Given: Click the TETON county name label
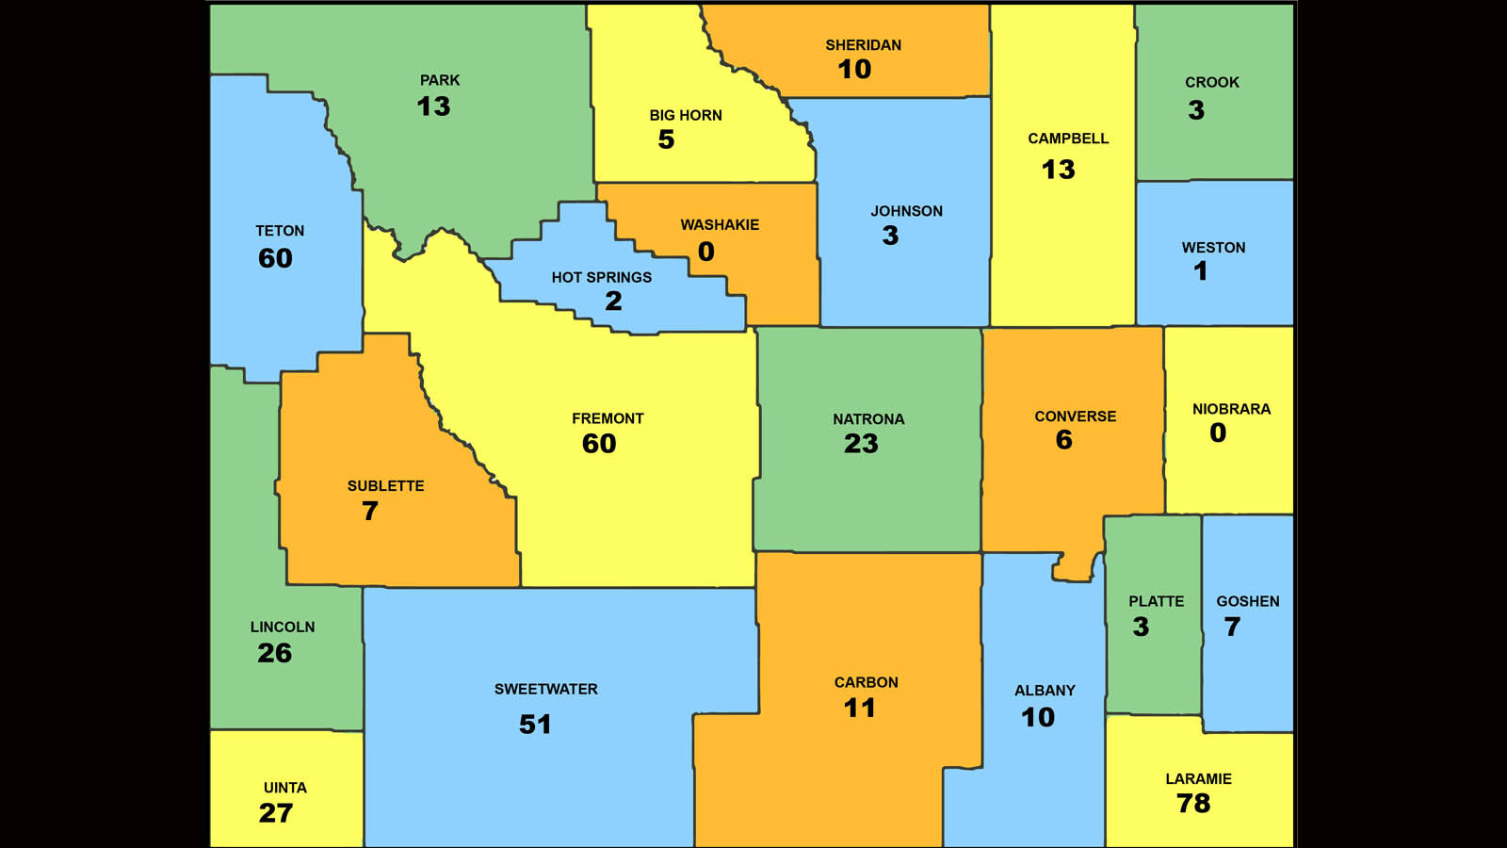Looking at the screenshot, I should tap(280, 231).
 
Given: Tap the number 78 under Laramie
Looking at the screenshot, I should tap(1193, 804).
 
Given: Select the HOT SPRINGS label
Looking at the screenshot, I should tap(601, 277).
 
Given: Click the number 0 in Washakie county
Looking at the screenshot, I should tap(706, 252).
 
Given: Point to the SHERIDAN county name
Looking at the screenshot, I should tap(863, 45).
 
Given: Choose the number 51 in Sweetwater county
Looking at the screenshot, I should tap(535, 725).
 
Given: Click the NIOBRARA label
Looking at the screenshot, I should tap(1231, 409).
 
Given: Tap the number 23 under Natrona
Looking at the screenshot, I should tap(861, 444).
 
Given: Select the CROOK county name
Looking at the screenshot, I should tap(1211, 82).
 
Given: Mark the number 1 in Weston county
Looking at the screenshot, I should tap(1201, 271).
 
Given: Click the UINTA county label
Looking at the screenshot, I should tap(284, 788).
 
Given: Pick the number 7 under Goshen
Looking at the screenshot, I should tap(1232, 627).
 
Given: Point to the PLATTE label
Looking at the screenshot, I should tap(1156, 601).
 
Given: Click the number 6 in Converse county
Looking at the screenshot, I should tap(1063, 440).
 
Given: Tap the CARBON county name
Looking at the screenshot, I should tap(866, 682).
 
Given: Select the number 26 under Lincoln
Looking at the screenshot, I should tap(274, 653).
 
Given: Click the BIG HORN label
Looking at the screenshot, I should tap(685, 115).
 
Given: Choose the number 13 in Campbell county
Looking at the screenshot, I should tap(1058, 170).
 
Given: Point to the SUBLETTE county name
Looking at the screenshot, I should tap(385, 486).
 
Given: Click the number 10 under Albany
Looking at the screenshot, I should tap(1038, 717).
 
